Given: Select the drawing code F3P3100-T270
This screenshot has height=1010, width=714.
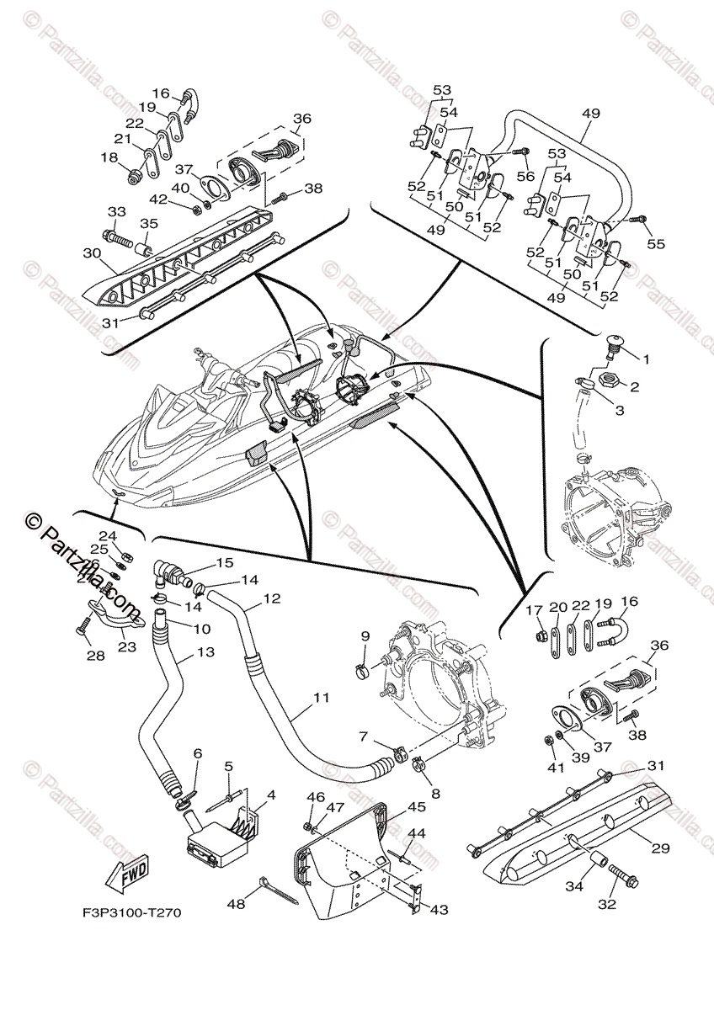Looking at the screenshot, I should [131, 912].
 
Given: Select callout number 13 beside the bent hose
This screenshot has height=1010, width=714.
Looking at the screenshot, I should [205, 652].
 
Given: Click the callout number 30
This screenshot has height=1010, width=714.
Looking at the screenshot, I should [93, 253].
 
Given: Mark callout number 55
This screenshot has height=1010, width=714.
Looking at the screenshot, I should [656, 244].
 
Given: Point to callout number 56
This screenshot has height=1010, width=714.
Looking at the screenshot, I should [525, 175].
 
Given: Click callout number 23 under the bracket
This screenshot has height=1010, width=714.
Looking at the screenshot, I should [128, 647].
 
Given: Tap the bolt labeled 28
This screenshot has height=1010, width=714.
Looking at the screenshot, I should [82, 627].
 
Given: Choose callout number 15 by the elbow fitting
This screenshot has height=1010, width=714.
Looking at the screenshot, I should [223, 562].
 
